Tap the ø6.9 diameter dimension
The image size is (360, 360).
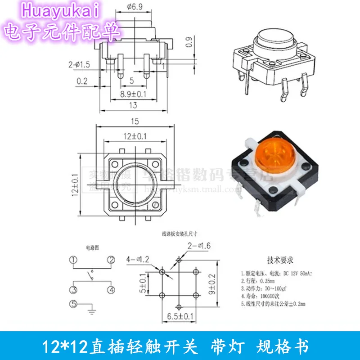(135, 6)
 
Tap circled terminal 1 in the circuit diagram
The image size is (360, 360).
(73, 260)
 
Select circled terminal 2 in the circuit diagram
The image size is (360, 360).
(110, 260)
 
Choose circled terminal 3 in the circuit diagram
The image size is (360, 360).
(73, 289)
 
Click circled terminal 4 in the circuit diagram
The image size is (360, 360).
(110, 289)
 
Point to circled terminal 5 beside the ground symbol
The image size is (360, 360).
(73, 304)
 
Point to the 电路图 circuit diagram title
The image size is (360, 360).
(92, 247)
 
